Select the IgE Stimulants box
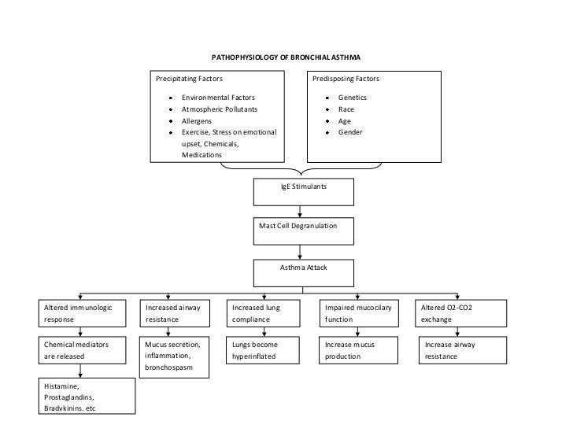(303, 191)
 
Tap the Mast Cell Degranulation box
(303, 231)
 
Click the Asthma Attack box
(303, 272)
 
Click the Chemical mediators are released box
(85, 351)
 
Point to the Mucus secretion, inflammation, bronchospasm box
(176, 356)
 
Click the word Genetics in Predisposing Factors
(353, 97)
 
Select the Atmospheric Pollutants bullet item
(219, 109)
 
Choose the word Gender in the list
(350, 133)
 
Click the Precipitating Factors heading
(189, 79)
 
